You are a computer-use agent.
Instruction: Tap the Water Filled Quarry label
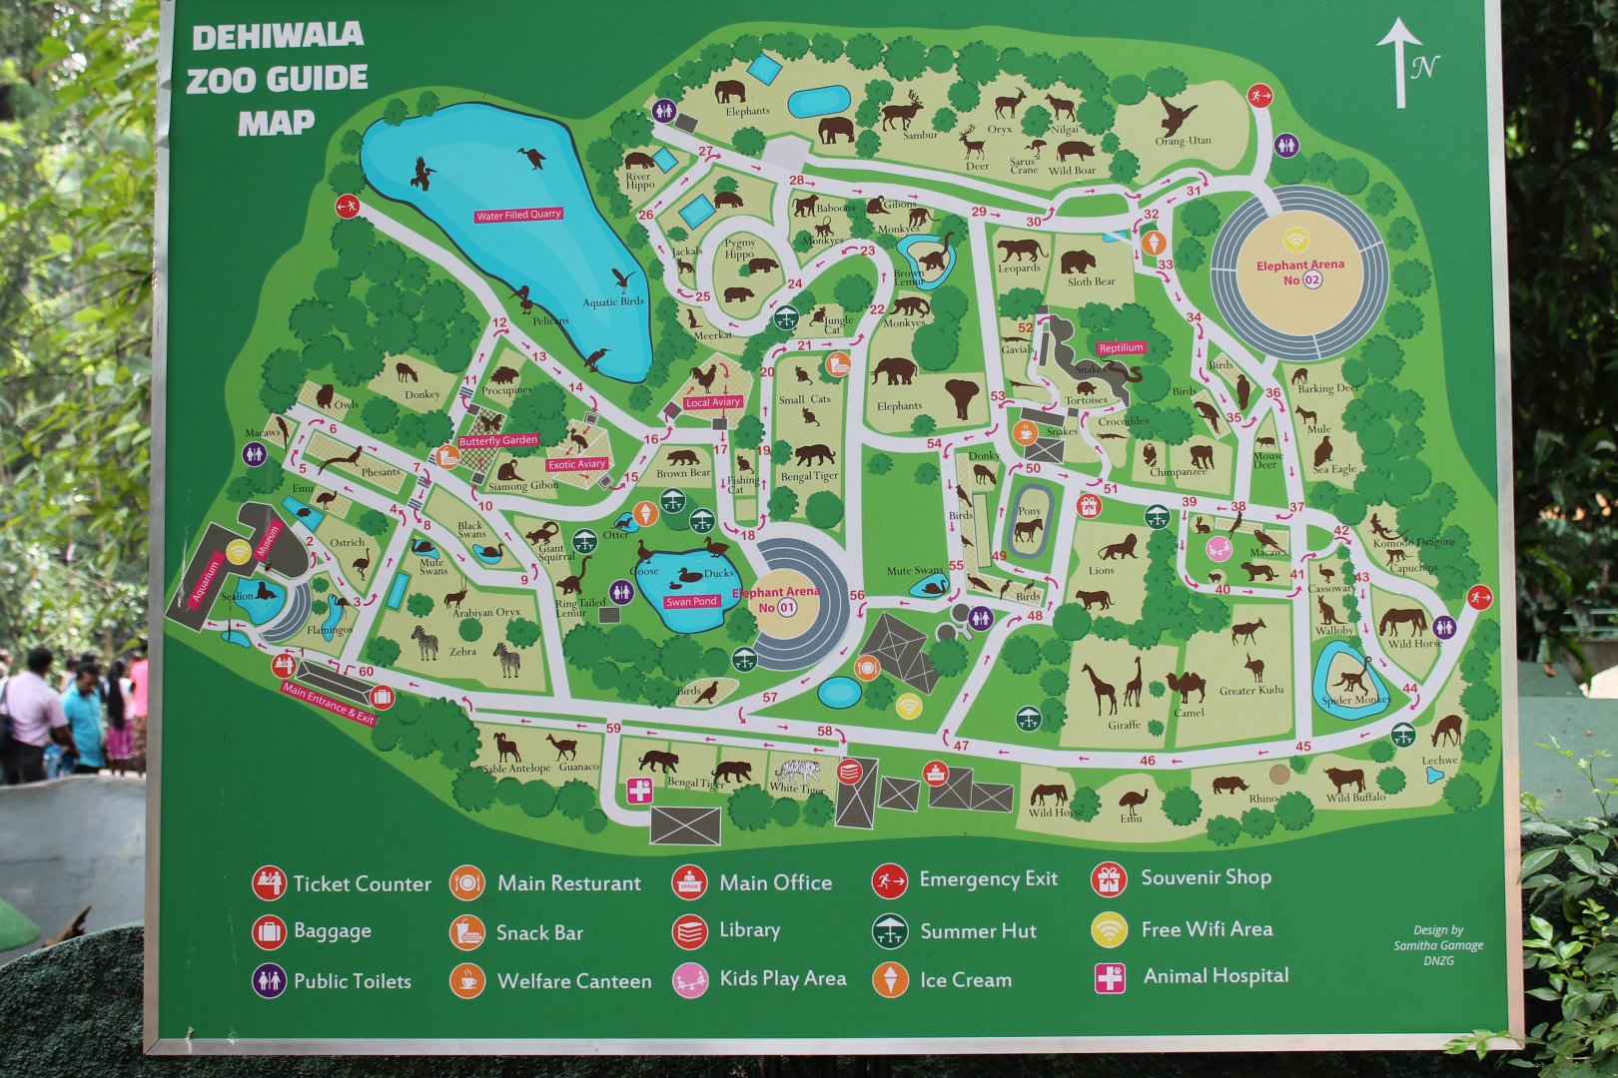[518, 215]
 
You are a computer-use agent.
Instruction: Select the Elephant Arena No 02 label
[1299, 272]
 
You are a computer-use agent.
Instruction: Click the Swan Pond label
[691, 602]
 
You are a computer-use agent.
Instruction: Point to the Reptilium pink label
[1120, 348]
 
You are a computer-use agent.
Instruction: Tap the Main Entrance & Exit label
[328, 703]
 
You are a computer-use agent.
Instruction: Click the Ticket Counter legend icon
[268, 883]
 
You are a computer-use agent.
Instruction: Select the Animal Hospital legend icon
[1110, 977]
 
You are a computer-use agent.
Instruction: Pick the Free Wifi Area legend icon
[1109, 929]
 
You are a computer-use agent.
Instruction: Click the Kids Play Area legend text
[782, 978]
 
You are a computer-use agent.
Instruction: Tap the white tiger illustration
[797, 772]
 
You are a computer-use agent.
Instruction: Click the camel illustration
[1186, 687]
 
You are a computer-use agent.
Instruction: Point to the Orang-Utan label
[1183, 141]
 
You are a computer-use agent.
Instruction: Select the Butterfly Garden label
[497, 440]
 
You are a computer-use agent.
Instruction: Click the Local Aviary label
[712, 402]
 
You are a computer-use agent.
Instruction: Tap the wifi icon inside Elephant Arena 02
[1295, 240]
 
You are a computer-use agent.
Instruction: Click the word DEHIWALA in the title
[277, 37]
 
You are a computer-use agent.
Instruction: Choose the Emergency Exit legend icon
[888, 880]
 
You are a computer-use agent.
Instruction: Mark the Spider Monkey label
[1355, 700]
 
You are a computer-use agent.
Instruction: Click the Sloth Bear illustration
[1078, 262]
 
